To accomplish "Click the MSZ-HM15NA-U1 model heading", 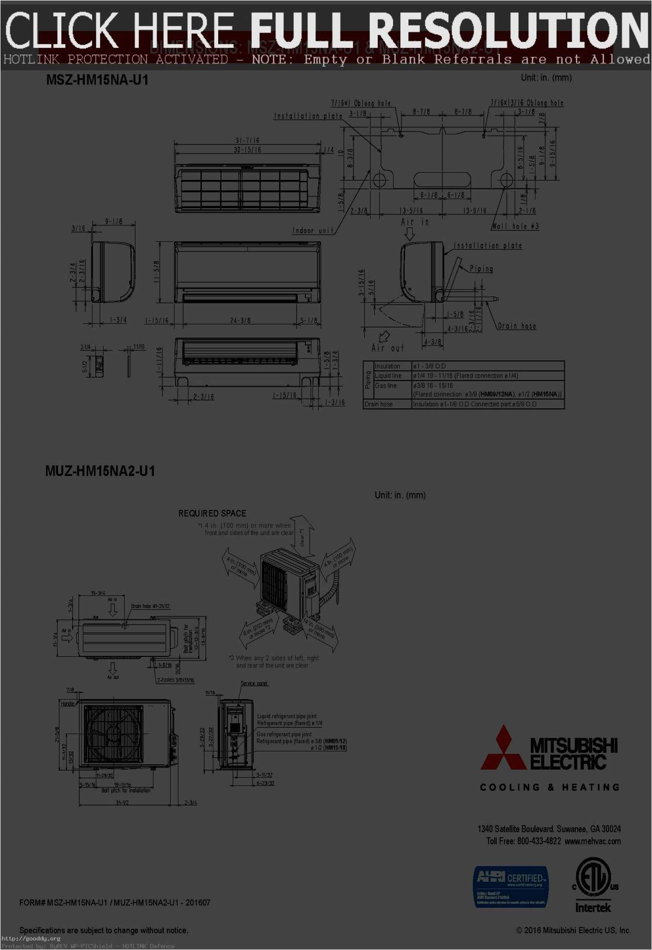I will coord(97,80).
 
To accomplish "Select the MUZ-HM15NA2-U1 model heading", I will coord(100,471).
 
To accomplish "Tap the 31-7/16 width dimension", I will coord(247,140).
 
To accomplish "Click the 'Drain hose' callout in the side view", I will coord(517,326).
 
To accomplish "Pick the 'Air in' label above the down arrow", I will coord(415,222).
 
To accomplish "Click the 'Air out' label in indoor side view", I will coord(388,347).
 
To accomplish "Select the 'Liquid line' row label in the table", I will coord(388,376).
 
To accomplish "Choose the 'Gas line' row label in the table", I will coord(385,385).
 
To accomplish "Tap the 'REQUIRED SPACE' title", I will coord(212,513).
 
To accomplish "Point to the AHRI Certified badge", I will coord(511,886).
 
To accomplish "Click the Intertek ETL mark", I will coord(593,885).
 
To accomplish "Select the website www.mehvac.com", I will coord(593,841).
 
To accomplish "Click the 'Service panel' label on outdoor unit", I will coord(254,683).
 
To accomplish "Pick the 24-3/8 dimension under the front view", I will coord(240,320).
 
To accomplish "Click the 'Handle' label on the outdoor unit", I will coord(68,703).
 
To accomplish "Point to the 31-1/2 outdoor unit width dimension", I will coord(122,802).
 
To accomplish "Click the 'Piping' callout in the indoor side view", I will coord(481,269).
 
